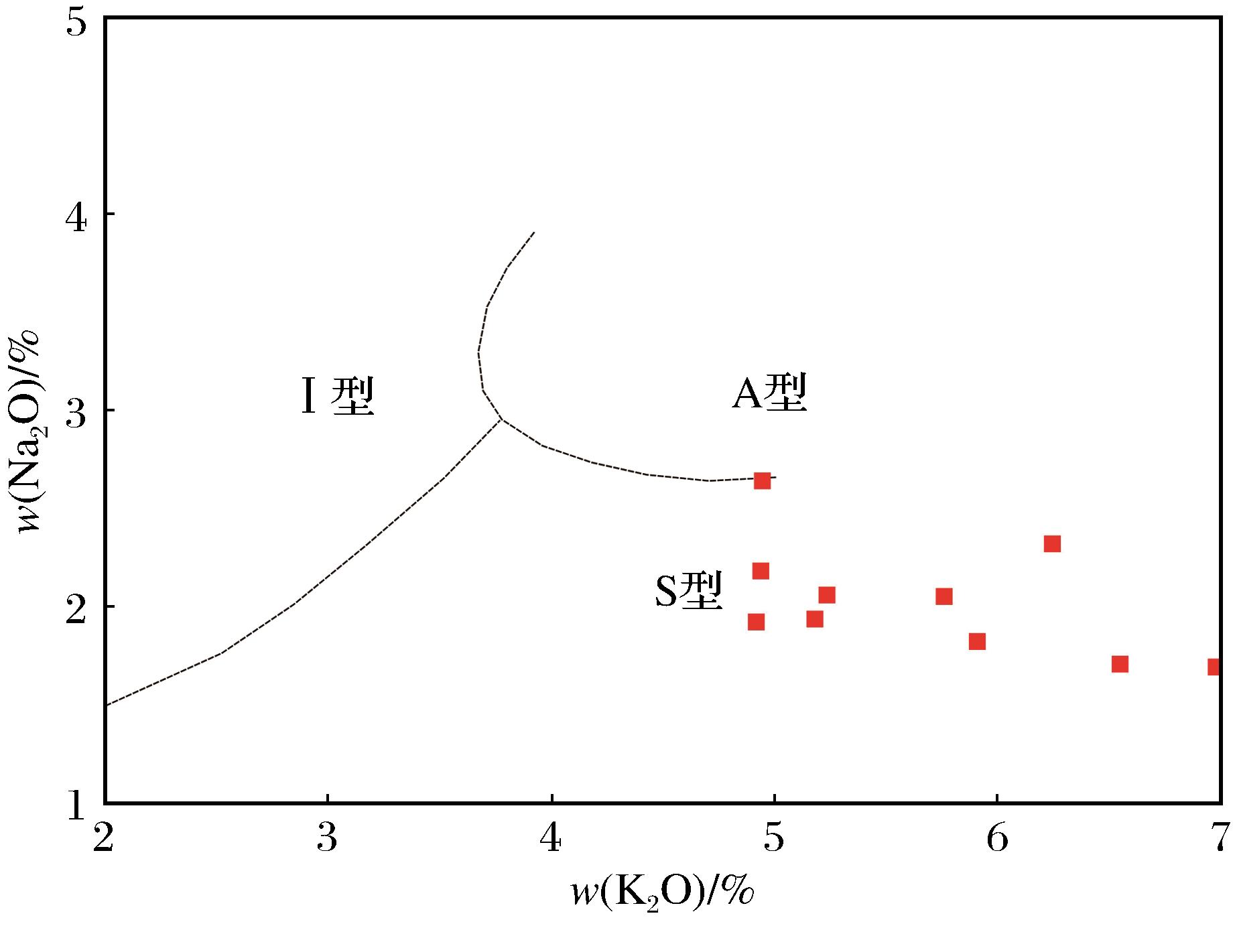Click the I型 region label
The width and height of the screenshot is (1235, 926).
coord(337,397)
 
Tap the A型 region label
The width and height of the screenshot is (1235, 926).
coord(769,393)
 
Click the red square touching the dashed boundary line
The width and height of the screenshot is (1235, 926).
coord(762,480)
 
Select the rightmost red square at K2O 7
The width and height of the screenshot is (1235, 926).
coord(1214,667)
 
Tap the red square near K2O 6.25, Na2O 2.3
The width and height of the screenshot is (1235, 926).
coord(1052,543)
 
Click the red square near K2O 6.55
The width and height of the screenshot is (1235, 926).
coord(1120,664)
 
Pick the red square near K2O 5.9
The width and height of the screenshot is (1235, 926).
coord(977,642)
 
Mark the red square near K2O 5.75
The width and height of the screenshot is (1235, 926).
coord(944,596)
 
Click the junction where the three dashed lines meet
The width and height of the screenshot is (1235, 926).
coord(501,419)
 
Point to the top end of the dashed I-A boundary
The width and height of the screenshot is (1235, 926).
coord(533,233)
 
